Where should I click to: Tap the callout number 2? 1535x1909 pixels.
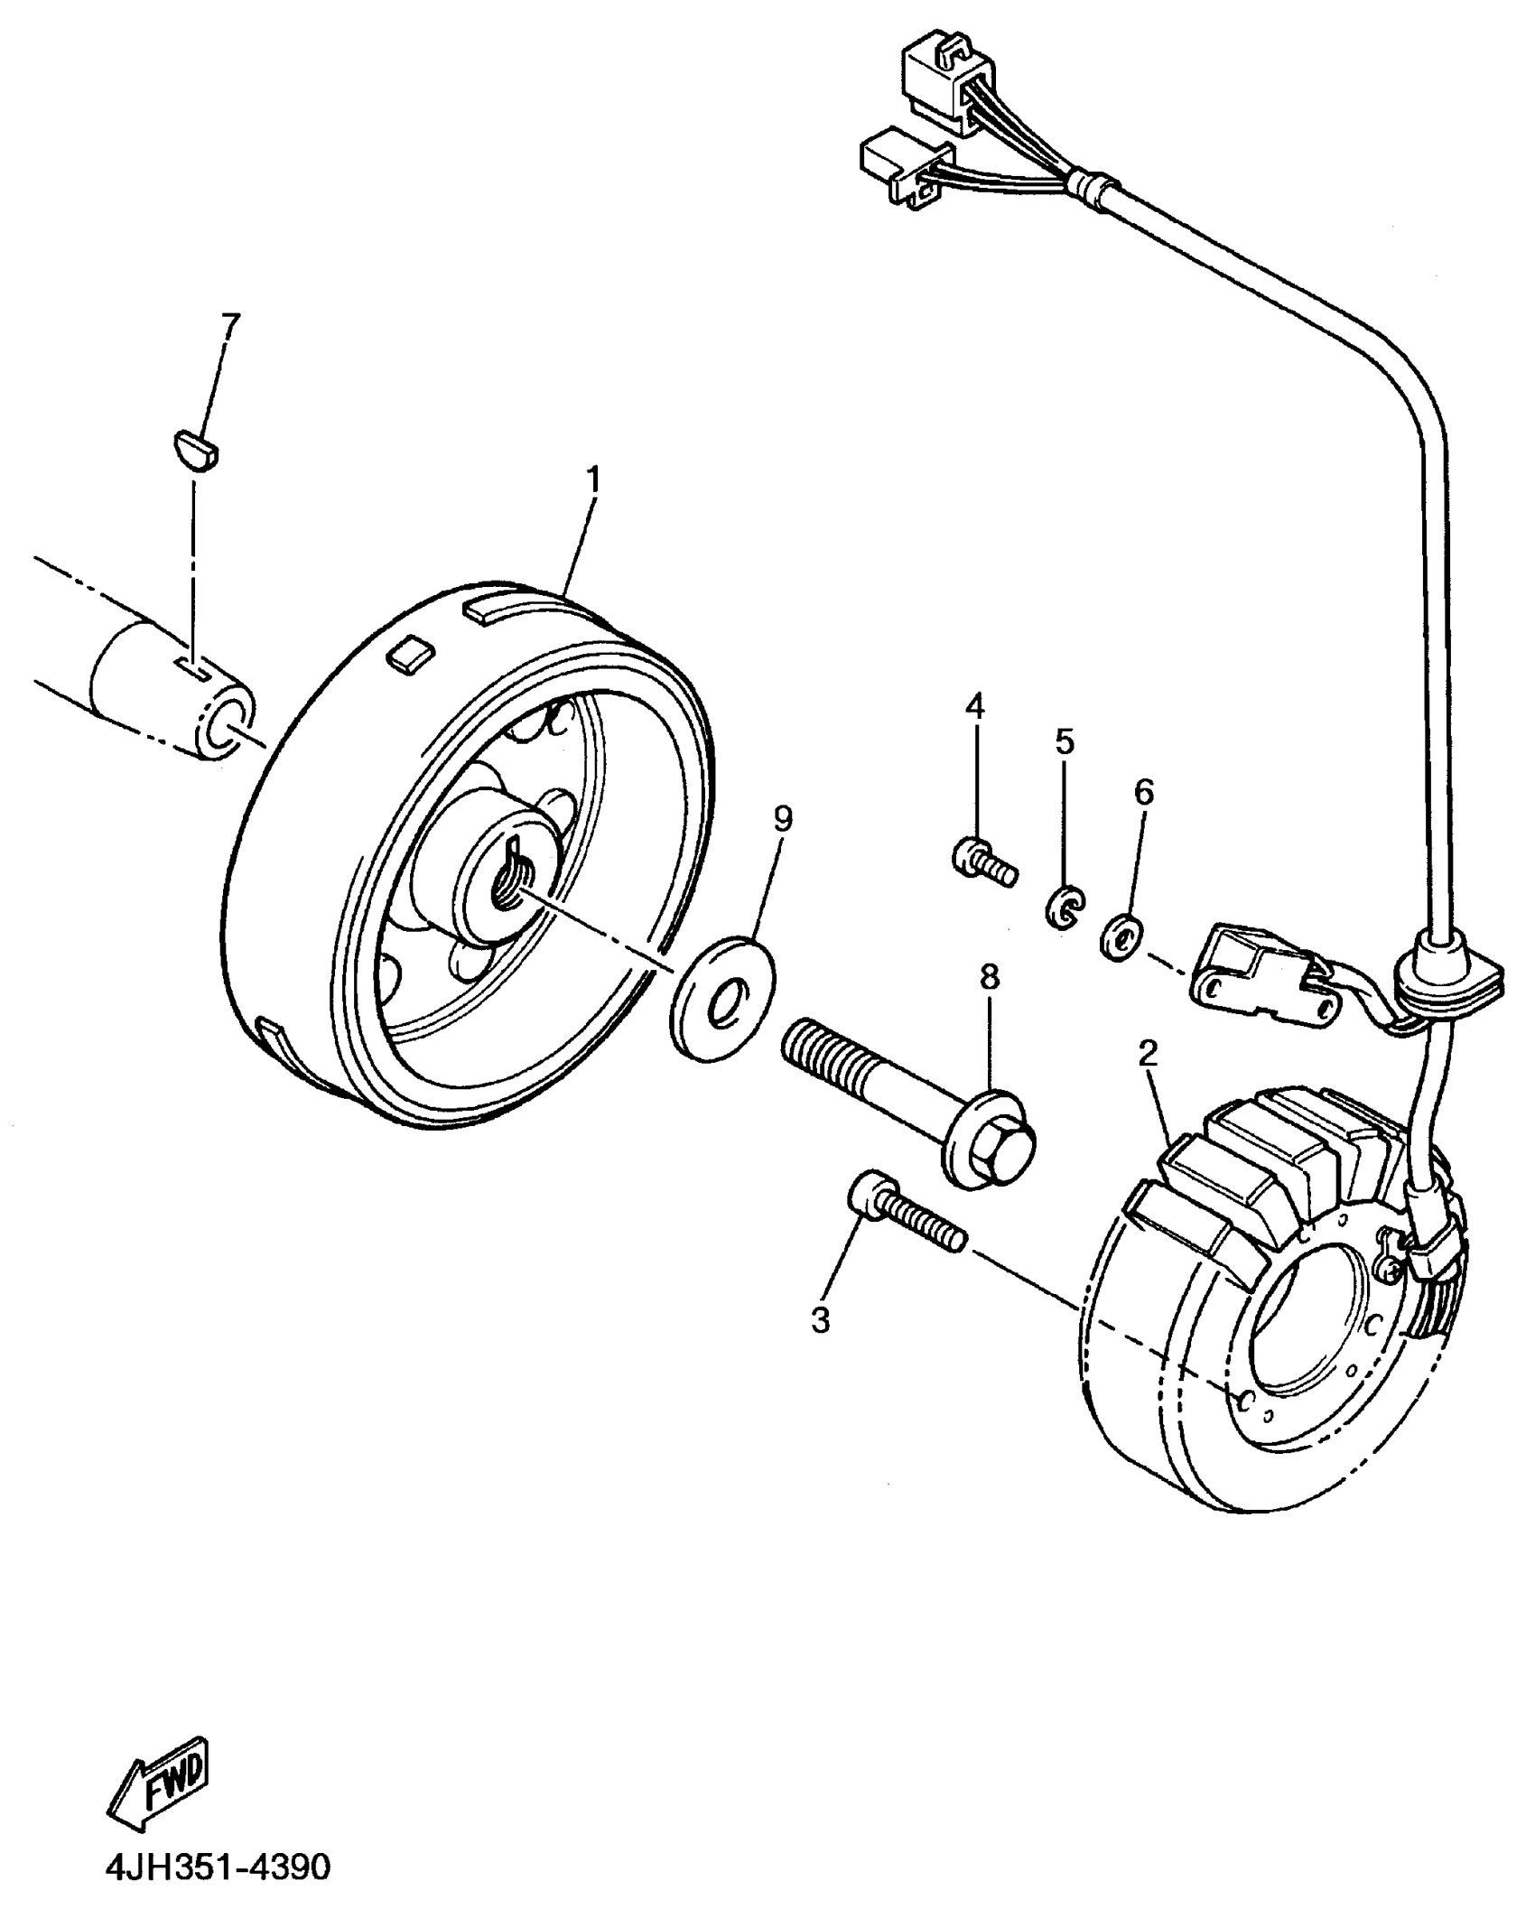[1148, 1055]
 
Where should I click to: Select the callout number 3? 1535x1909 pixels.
[820, 1320]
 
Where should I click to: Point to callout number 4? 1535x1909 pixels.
[974, 706]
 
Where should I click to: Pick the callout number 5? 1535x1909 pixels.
[1065, 742]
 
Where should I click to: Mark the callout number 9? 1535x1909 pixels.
[783, 819]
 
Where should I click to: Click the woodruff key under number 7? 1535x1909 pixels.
[199, 449]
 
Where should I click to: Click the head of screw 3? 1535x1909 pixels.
[869, 1196]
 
